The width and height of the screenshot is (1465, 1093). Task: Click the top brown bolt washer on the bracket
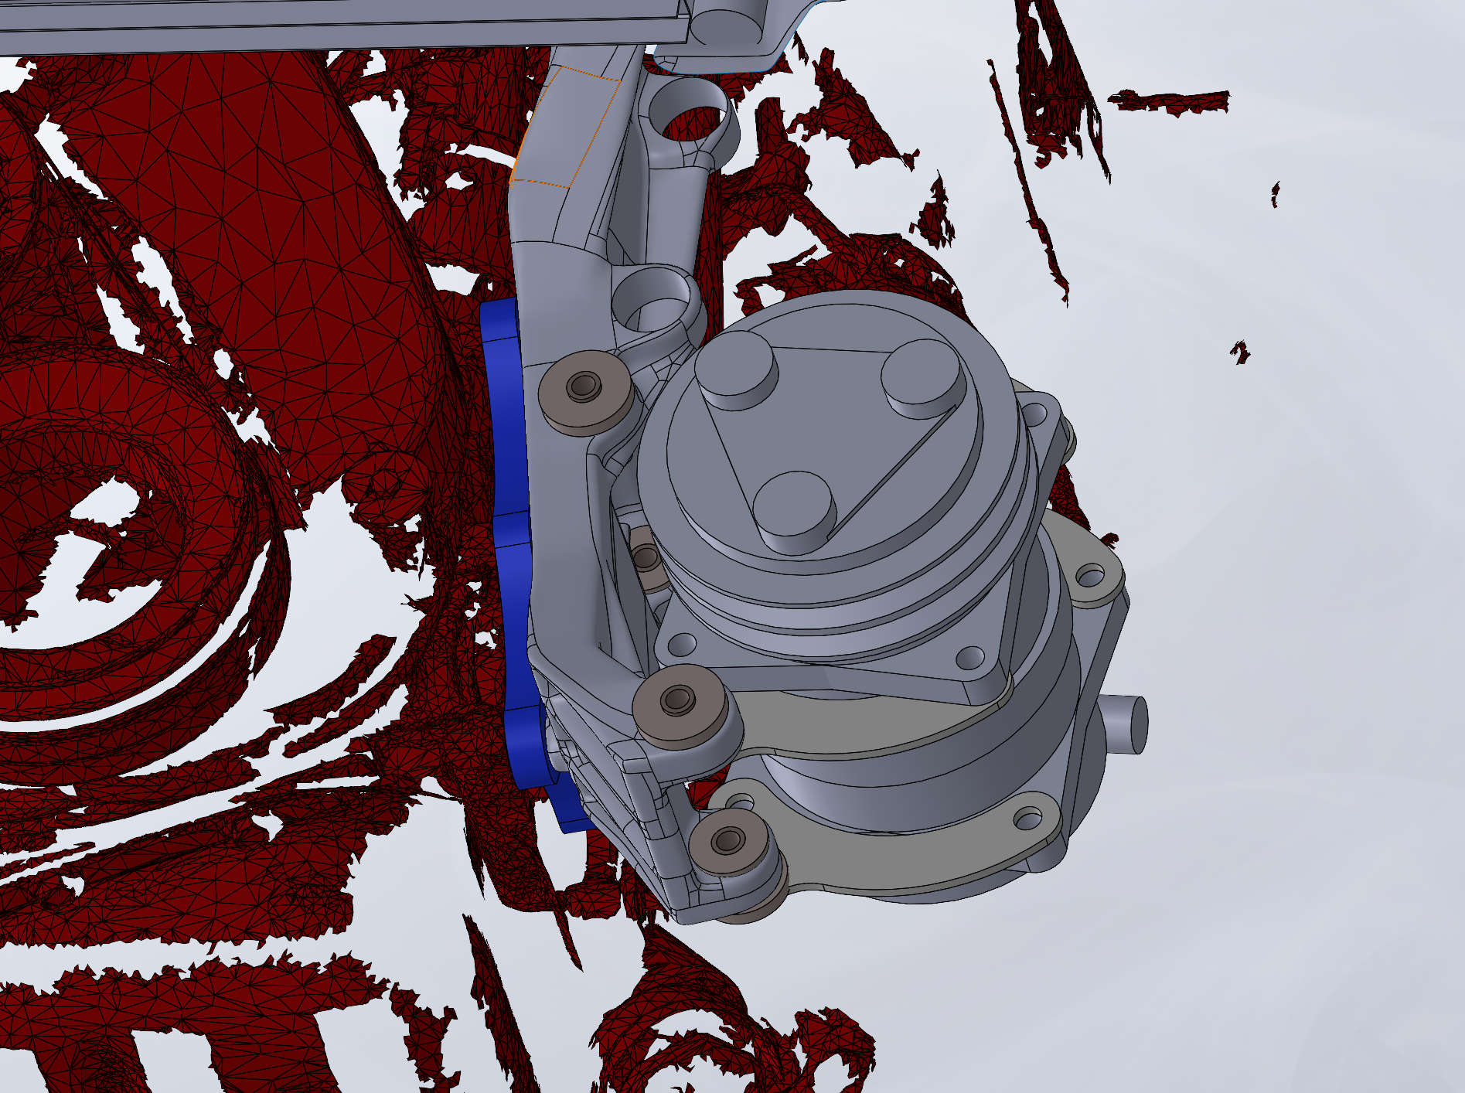click(584, 386)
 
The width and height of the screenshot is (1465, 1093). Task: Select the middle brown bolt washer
click(678, 700)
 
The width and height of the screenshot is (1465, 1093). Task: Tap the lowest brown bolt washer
click(728, 841)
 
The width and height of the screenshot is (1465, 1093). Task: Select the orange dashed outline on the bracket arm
click(568, 128)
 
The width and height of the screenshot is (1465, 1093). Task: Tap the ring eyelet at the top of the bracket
click(690, 120)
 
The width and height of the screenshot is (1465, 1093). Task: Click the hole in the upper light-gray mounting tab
click(1091, 576)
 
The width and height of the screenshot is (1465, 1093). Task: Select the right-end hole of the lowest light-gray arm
click(1028, 818)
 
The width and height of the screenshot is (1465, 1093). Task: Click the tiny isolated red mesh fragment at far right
click(1240, 352)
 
